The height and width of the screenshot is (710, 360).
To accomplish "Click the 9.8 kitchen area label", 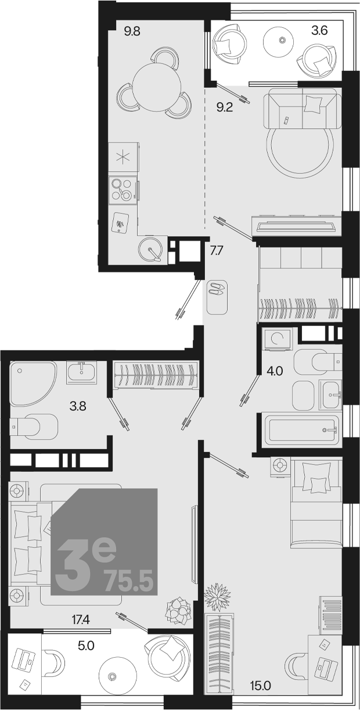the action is coord(132,32).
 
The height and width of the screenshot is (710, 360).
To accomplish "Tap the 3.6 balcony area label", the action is coord(319,31).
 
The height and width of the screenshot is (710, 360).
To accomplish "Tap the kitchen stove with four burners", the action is coord(123,189).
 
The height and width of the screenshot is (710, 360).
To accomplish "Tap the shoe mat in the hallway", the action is coord(217,297).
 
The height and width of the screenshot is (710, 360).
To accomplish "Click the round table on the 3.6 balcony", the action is coord(282,40).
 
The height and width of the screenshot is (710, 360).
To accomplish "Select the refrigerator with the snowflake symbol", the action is coord(124,157).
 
